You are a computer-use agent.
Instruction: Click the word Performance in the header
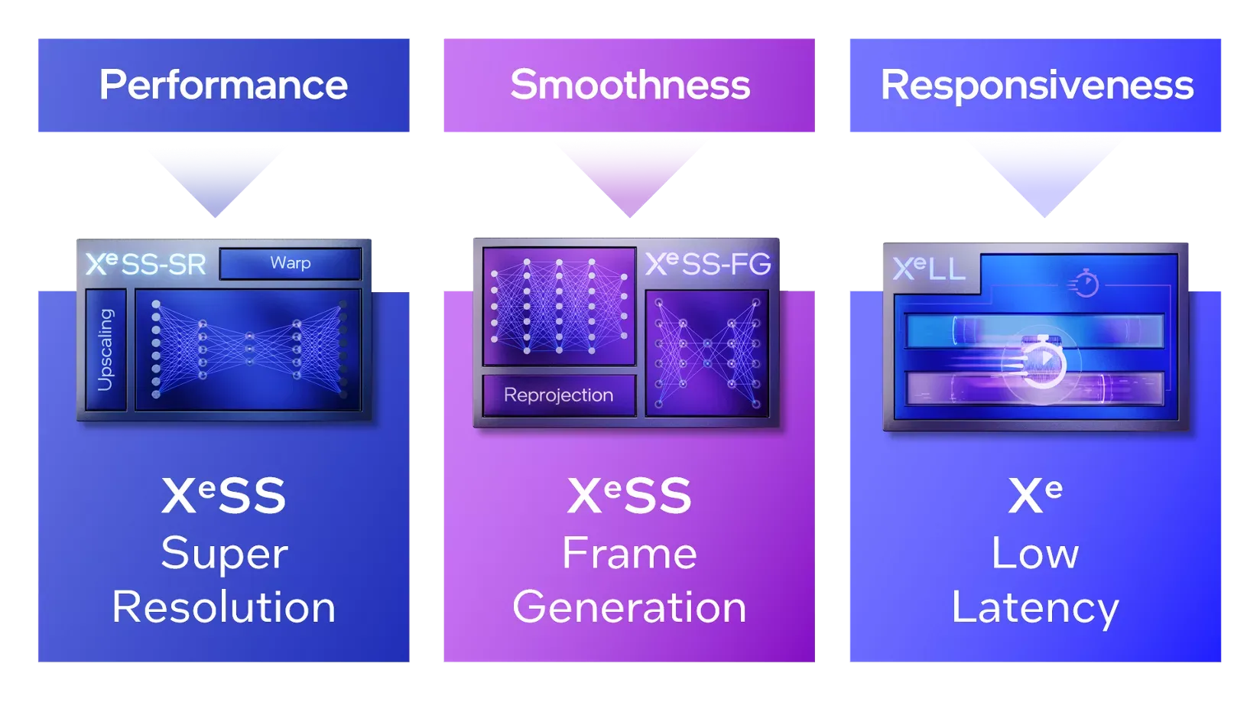223,85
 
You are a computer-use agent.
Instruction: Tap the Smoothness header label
630,85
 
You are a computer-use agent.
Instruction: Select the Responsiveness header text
1037,85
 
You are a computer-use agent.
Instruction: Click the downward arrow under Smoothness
630,176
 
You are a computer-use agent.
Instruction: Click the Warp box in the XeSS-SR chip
291,263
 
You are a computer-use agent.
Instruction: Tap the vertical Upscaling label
106,350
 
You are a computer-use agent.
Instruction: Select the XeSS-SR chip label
146,265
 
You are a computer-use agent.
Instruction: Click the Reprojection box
559,395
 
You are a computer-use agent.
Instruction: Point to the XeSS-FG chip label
708,264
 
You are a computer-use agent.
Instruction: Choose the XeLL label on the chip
929,268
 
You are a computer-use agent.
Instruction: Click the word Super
224,553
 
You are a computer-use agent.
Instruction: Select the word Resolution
223,607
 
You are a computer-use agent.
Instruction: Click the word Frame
629,553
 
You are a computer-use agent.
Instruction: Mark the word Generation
629,607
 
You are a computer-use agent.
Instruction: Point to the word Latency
1035,608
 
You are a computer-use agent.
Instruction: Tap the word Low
1035,553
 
